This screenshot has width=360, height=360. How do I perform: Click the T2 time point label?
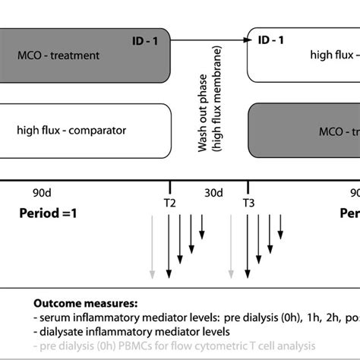(x=169, y=203)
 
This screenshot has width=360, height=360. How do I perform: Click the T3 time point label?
(x=248, y=203)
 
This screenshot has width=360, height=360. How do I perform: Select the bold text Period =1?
(x=47, y=213)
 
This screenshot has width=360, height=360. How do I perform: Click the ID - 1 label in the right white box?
(x=269, y=39)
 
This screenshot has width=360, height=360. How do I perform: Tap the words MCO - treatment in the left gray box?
(x=58, y=55)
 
